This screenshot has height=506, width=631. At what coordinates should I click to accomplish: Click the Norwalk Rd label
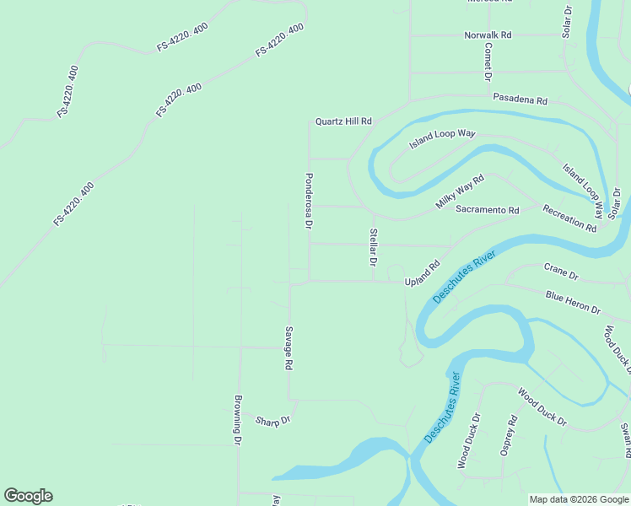click(488, 35)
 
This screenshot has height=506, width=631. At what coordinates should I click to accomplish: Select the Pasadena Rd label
click(520, 100)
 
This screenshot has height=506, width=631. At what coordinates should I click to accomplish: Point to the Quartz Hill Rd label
click(343, 121)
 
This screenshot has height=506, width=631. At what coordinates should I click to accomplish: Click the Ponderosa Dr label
click(309, 202)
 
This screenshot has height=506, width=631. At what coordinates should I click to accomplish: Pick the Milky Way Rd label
click(460, 192)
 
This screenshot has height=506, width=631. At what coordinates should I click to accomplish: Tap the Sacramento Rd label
click(487, 209)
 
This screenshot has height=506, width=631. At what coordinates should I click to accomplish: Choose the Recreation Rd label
click(569, 218)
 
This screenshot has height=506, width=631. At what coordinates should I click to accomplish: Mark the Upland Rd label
click(422, 276)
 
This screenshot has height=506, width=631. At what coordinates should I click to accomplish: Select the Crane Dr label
click(561, 272)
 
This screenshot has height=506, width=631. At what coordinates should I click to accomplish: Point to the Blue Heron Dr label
click(573, 302)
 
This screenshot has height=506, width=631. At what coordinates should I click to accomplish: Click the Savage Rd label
click(289, 348)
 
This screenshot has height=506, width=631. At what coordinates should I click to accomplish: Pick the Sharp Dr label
click(272, 420)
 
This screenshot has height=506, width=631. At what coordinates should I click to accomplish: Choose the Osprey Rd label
click(509, 436)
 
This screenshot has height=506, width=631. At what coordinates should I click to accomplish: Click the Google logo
click(28, 496)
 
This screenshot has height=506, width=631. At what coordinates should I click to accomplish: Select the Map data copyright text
click(578, 499)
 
